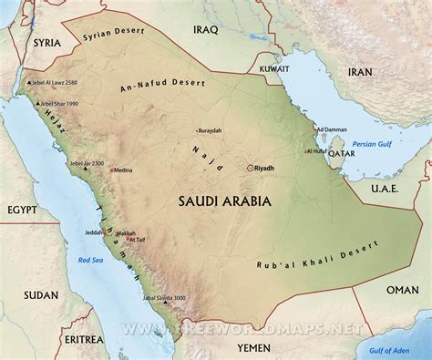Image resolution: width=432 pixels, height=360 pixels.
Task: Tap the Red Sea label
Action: pyautogui.click(x=90, y=261)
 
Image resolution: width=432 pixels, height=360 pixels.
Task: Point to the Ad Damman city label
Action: pyautogui.click(x=330, y=130)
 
